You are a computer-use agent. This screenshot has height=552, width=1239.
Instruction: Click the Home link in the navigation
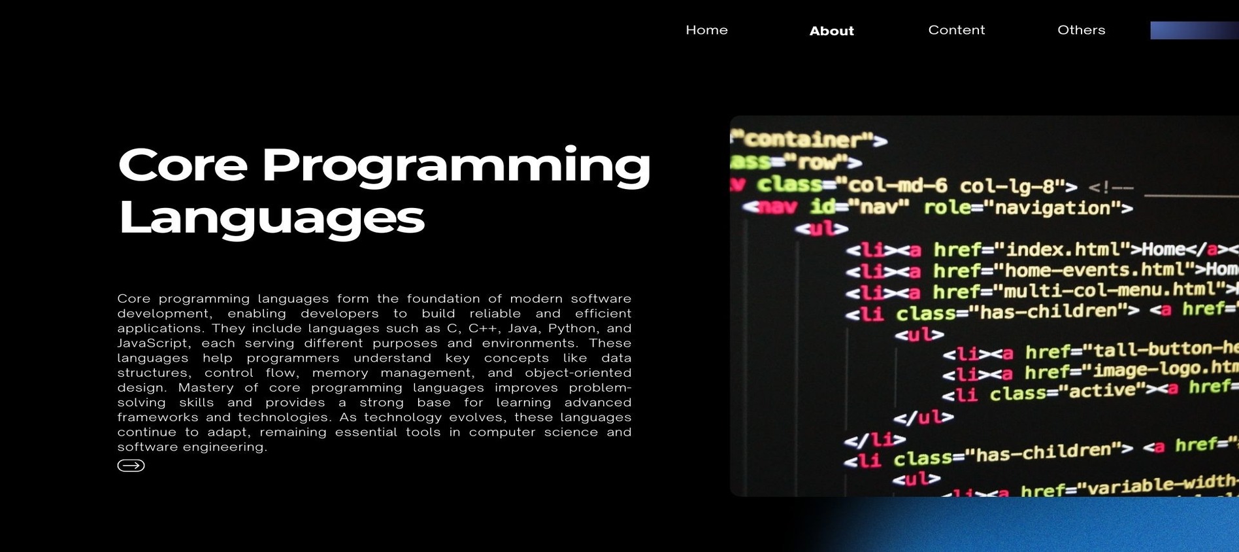pos(706,30)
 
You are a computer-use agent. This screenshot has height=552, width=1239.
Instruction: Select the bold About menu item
pos(831,31)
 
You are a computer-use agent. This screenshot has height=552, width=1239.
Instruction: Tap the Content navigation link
pos(956,30)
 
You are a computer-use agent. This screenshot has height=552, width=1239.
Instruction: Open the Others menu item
pos(1081,30)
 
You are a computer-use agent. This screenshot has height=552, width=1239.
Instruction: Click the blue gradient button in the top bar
pos(1194,30)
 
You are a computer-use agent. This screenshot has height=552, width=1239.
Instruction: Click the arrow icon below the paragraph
pos(131,465)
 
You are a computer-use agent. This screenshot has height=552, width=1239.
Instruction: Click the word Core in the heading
pos(182,165)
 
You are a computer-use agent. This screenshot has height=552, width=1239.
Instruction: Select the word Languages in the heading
pos(271,218)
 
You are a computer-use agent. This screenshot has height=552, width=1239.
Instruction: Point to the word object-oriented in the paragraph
pos(578,373)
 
